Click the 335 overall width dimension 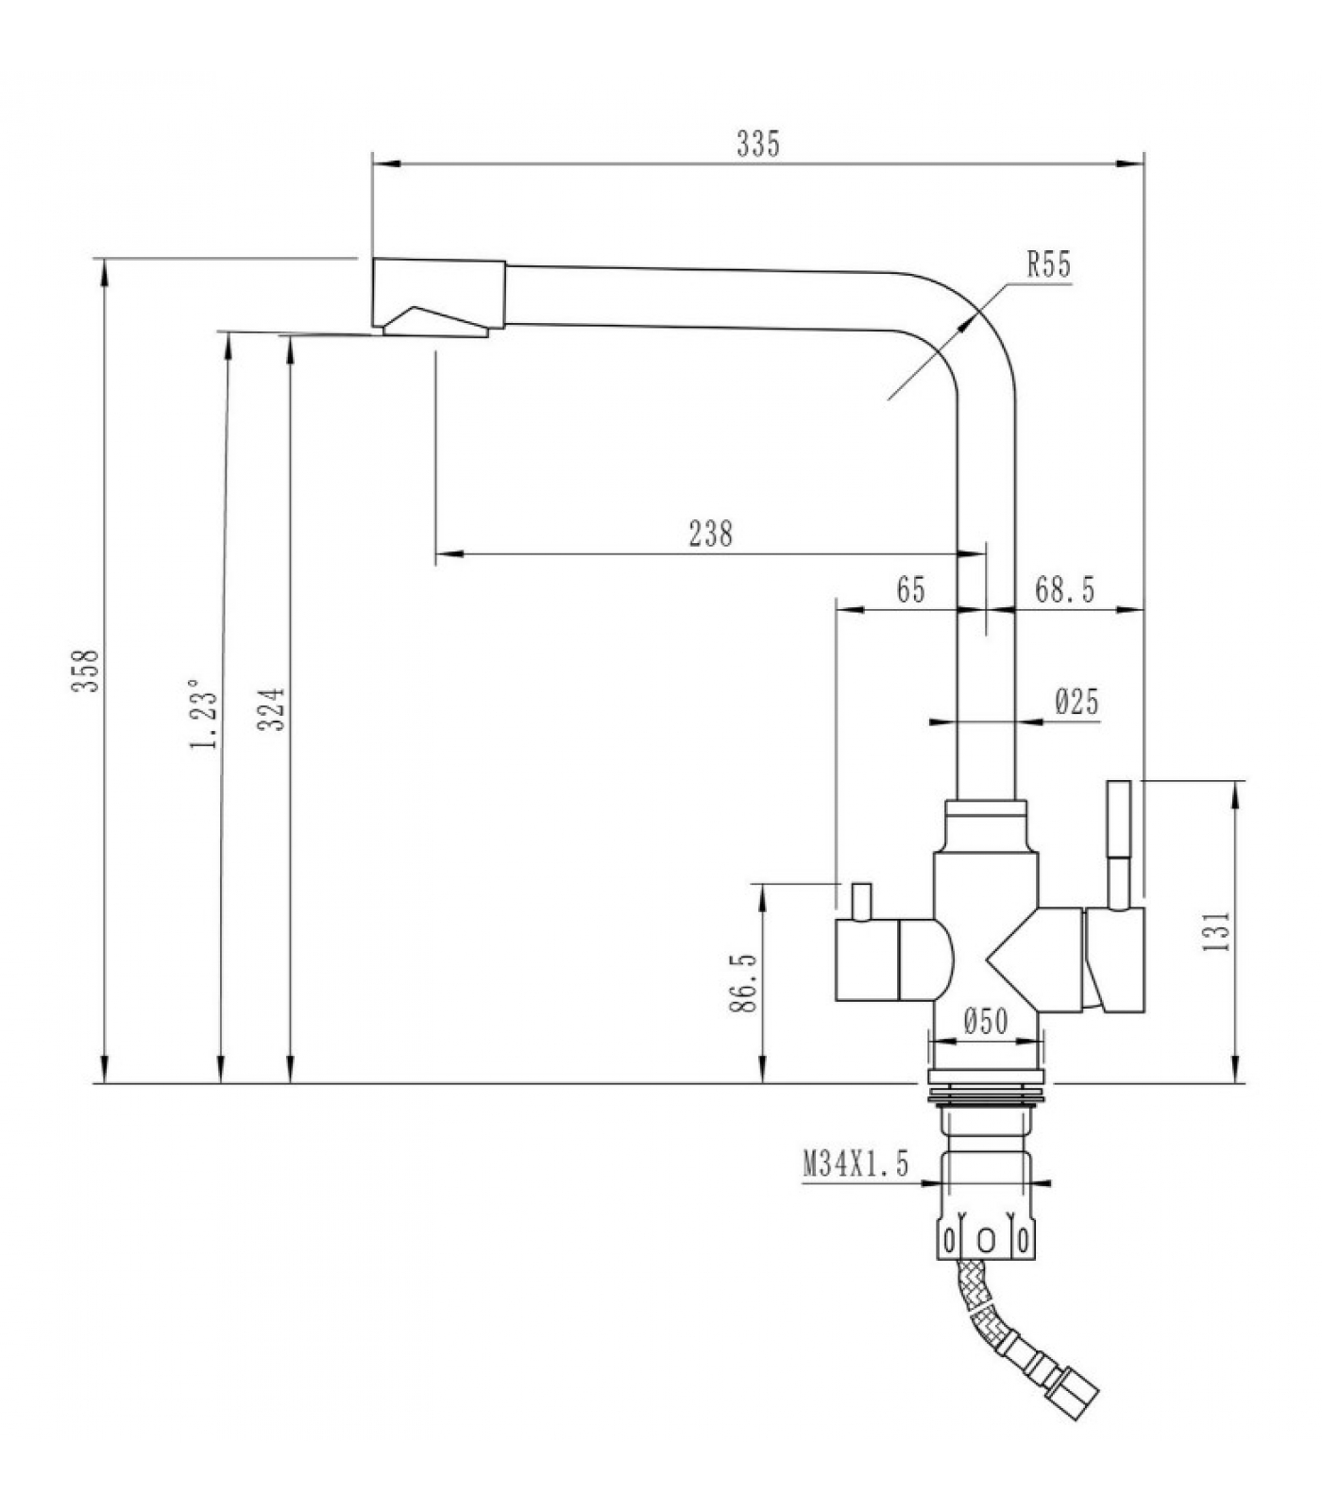758,144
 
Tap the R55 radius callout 1049,265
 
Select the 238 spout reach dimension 710,534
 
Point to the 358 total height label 86,670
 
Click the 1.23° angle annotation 207,713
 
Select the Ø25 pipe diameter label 1076,702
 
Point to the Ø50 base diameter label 986,1021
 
